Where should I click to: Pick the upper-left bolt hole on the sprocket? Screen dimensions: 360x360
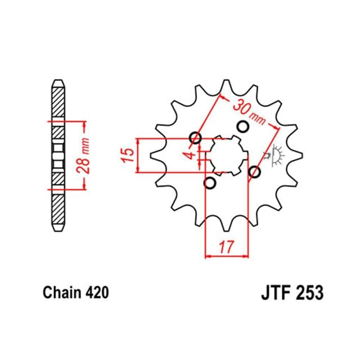click(x=196, y=137)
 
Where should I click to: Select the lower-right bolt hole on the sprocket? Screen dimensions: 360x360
click(x=254, y=172)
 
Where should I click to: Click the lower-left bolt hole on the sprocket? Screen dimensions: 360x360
click(x=210, y=183)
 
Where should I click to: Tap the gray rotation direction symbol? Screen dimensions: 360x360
click(x=276, y=155)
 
